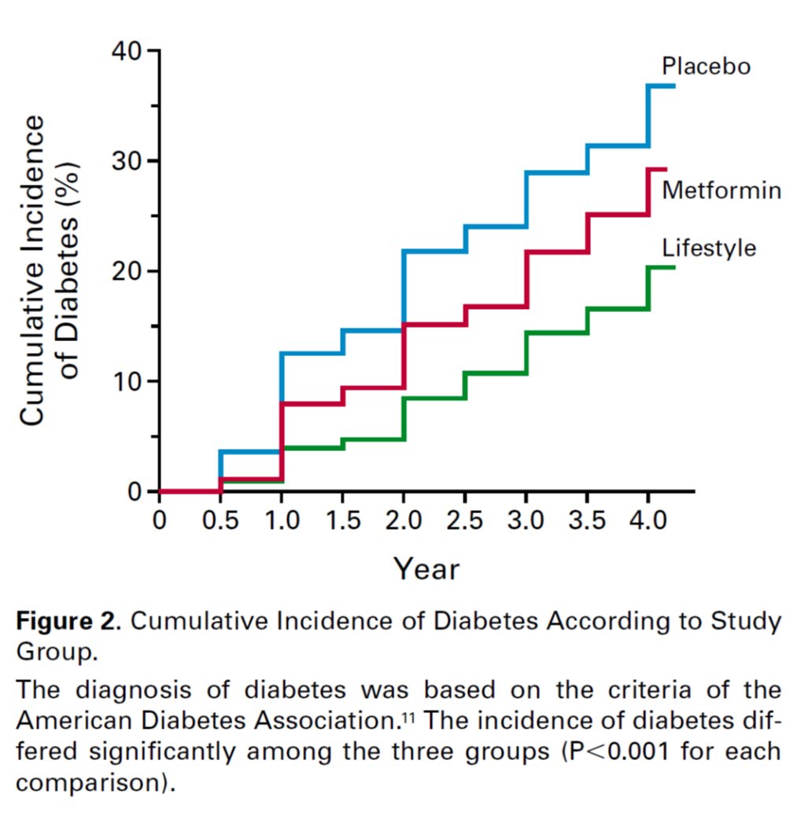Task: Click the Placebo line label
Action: point(706,66)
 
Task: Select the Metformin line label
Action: point(721,190)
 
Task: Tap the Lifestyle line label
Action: point(709,248)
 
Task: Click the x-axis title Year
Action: point(426,568)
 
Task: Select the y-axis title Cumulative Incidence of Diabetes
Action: point(50,271)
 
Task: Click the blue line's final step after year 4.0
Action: point(662,85)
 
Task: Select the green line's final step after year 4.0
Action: point(662,267)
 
